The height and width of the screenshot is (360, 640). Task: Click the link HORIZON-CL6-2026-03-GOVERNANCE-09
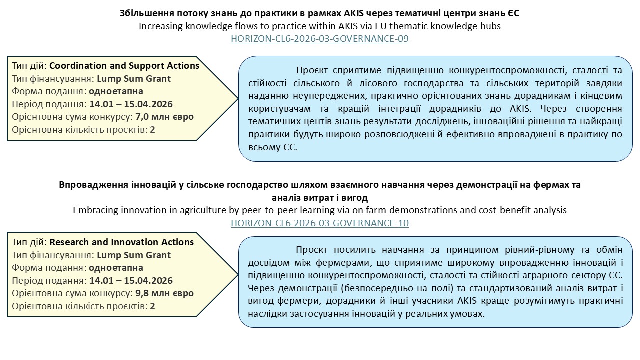pyautogui.click(x=320, y=39)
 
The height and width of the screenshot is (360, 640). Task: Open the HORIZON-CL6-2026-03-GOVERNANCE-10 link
pyautogui.click(x=320, y=223)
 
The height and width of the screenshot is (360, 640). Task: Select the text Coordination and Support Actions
pyautogui.click(x=124, y=66)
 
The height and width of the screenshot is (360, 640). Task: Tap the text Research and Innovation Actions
pyautogui.click(x=121, y=242)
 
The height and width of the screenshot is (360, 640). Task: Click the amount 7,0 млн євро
pyautogui.click(x=164, y=117)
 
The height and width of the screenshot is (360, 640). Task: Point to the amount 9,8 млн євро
pyautogui.click(x=164, y=293)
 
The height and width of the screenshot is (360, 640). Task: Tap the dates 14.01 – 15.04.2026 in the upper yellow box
pyautogui.click(x=131, y=104)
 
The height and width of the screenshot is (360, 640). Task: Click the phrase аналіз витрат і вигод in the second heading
pyautogui.click(x=319, y=197)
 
